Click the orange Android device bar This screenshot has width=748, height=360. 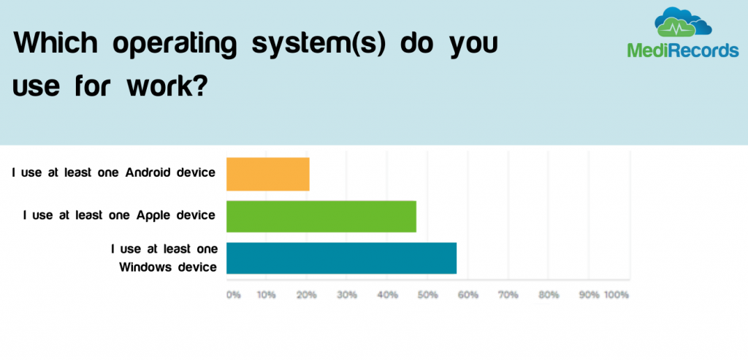(267, 174)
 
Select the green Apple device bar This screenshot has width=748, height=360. (321, 216)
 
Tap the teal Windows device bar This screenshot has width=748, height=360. (342, 258)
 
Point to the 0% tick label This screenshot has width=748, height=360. (233, 295)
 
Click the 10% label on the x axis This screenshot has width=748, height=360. (266, 295)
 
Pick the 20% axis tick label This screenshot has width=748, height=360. (307, 295)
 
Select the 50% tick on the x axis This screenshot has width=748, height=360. (428, 295)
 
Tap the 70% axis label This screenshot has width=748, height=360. (508, 295)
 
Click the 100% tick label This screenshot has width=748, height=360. (617, 295)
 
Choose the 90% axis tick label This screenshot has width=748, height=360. (589, 295)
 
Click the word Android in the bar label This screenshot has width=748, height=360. (148, 172)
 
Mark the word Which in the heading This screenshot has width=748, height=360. (56, 43)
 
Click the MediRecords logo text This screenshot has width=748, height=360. (683, 50)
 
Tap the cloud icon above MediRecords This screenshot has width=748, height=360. (683, 23)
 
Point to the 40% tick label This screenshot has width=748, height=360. (387, 295)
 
